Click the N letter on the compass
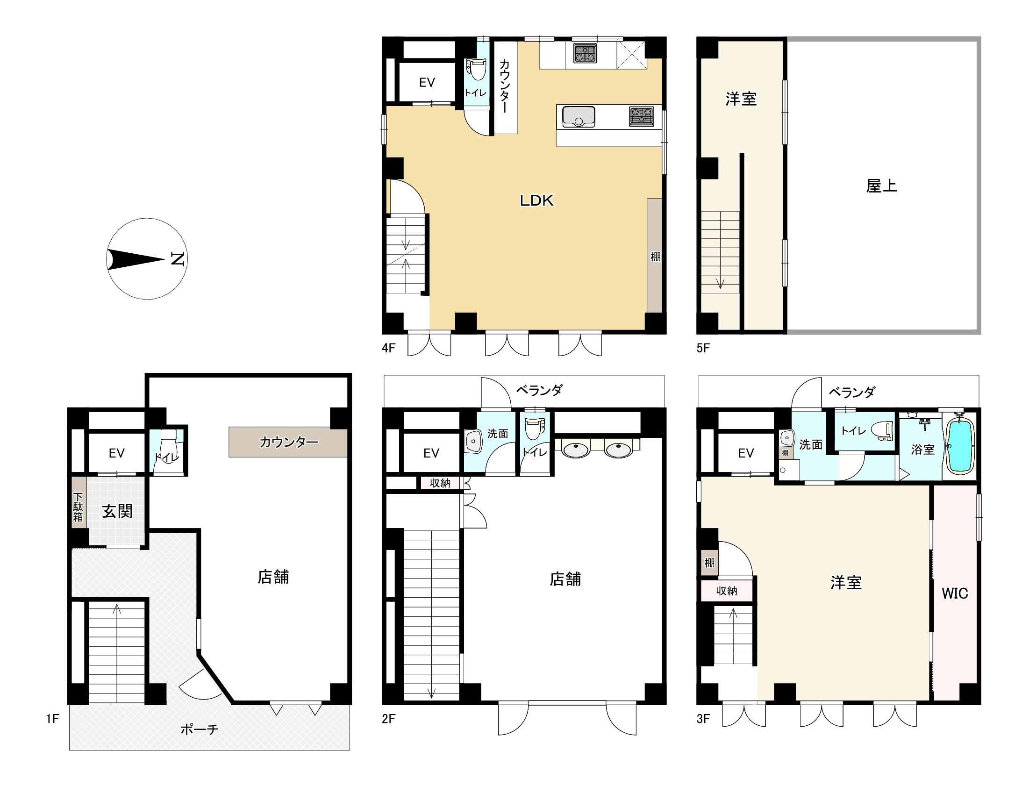(x=177, y=259)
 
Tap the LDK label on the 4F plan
(x=536, y=201)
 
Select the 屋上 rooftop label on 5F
(x=881, y=186)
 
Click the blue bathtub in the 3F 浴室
(x=960, y=446)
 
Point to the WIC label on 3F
(x=955, y=593)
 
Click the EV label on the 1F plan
(x=116, y=453)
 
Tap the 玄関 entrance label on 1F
(x=117, y=511)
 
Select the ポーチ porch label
(x=199, y=729)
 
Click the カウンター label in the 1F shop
(x=289, y=442)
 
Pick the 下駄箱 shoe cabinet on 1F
(x=79, y=507)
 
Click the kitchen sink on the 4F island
(x=579, y=116)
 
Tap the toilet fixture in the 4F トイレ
(x=476, y=69)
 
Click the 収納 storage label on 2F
(x=440, y=483)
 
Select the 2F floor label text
(x=388, y=718)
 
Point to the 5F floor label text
(x=703, y=348)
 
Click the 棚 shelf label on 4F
(x=655, y=257)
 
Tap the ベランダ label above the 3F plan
(x=852, y=392)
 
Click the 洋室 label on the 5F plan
(x=741, y=99)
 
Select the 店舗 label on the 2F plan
(x=565, y=579)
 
